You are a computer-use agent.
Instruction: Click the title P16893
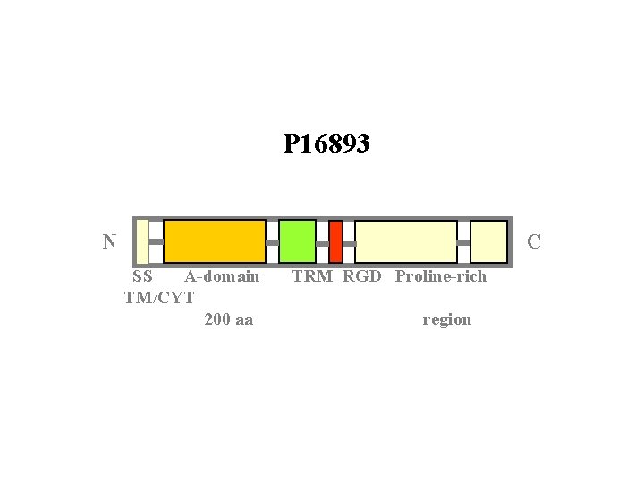[x=326, y=144]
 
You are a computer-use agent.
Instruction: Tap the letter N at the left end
[x=109, y=241]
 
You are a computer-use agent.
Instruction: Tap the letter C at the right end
[x=534, y=242]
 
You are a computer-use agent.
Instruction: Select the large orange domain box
[x=215, y=241]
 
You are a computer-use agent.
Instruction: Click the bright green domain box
[x=297, y=241]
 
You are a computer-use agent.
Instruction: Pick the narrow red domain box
[x=335, y=241]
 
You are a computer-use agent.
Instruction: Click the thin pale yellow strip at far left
[x=142, y=241]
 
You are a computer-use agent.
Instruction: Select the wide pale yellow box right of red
[x=406, y=241]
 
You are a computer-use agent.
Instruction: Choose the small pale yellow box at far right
[x=488, y=241]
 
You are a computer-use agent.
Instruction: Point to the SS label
[x=141, y=276]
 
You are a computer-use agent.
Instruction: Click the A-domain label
[x=222, y=276]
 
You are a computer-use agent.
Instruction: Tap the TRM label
[x=312, y=276]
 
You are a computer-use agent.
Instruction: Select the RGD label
[x=362, y=276]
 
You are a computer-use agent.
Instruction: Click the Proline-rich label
[x=441, y=276]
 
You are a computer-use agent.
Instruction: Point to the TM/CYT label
[x=159, y=297]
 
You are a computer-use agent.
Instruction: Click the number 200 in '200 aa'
[x=217, y=319]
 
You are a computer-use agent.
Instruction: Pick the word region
[x=446, y=320]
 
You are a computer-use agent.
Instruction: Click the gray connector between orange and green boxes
[x=273, y=242]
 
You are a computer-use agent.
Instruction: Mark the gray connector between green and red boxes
[x=322, y=242]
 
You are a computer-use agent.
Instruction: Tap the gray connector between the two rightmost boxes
[x=463, y=242]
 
